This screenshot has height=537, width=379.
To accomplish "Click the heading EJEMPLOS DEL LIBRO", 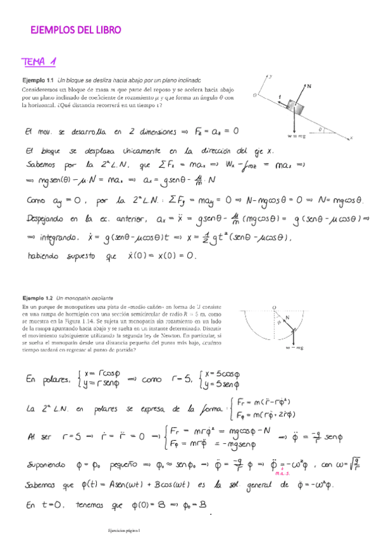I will tap(75, 30).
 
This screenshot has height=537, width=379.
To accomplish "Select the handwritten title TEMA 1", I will tap(39, 61).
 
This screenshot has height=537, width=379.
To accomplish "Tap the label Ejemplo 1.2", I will tap(37, 297).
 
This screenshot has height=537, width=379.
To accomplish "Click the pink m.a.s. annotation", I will tap(282, 473).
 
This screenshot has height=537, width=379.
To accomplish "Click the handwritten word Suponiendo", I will tap(53, 465).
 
